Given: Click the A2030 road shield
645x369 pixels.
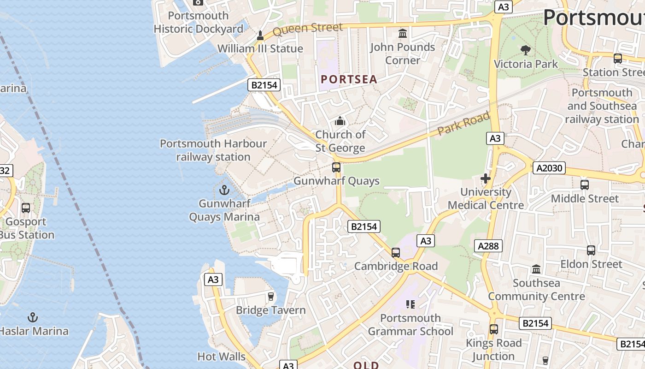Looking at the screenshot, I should tap(550, 168).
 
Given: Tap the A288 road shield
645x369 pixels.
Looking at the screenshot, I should tap(488, 246).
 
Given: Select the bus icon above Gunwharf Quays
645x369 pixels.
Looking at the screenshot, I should tap(336, 167).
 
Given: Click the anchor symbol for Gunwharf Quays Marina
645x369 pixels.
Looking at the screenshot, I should tap(224, 190).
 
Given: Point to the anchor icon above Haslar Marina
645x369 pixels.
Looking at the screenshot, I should tap(32, 317).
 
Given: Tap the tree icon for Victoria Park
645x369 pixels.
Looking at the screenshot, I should tap(525, 50).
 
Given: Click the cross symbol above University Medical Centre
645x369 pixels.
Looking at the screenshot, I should tap(486, 179).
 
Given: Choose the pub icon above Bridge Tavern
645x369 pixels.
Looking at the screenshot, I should tap(271, 297).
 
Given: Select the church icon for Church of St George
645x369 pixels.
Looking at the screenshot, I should tap(340, 121).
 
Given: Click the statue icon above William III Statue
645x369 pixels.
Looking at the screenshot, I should tap(260, 36).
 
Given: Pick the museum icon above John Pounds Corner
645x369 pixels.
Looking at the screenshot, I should tap(403, 34).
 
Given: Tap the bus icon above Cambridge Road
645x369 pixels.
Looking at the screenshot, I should tap(395, 253).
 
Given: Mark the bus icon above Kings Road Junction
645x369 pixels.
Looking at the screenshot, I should tap(493, 329).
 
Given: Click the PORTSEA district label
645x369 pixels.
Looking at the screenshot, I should tap(349, 79).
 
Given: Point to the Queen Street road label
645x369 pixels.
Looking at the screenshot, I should tap(307, 29).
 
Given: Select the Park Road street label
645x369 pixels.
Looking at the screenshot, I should tap(463, 123).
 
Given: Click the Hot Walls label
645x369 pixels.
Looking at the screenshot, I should tap(221, 357).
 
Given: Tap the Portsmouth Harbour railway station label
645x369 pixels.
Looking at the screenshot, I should tap(213, 150).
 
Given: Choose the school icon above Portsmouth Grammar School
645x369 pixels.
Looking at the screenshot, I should tap(410, 304).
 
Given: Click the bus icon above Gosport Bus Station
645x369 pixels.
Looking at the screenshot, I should tap(26, 208).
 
